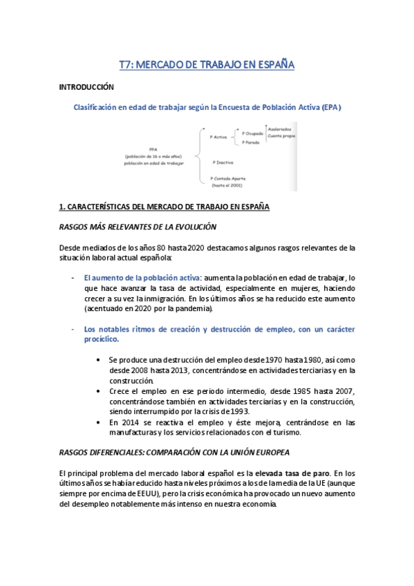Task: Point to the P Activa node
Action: (218, 137)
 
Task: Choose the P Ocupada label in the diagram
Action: (254, 132)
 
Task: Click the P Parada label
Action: (251, 142)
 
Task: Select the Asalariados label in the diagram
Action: (280, 129)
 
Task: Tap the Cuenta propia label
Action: (282, 137)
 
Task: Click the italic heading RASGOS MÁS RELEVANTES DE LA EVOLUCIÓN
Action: (138, 227)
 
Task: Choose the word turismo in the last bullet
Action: (286, 433)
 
